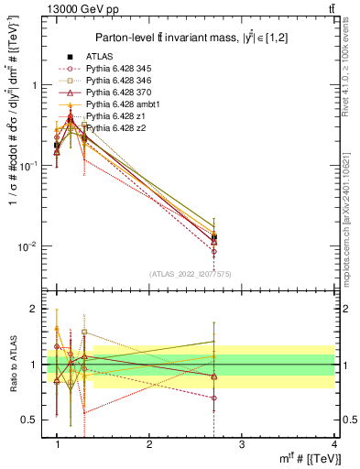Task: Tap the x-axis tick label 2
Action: pos(148,444)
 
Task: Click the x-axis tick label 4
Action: pos(333,444)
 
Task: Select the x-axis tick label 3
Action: pos(240,444)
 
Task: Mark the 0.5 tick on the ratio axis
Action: pos(34,420)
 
